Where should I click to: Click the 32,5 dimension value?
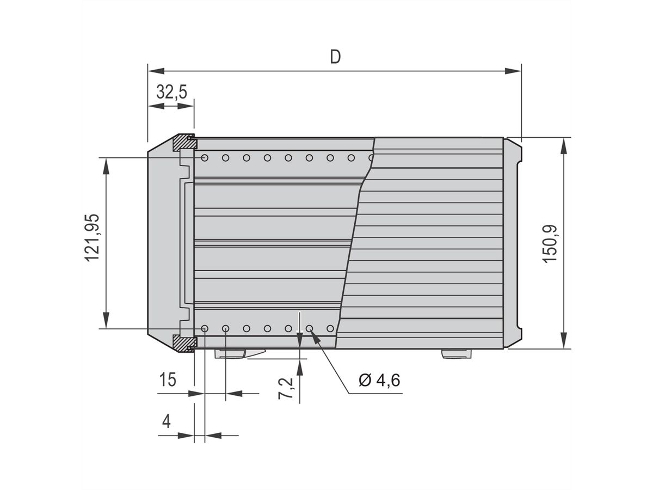(171, 91)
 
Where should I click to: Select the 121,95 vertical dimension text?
(93, 237)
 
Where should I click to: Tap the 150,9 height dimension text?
(550, 243)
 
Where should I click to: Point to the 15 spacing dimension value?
(168, 379)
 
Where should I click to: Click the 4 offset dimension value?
(167, 421)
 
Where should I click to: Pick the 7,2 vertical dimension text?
(287, 388)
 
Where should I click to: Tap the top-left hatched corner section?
(184, 143)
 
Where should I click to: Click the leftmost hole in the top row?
(205, 158)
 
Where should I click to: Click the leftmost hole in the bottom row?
(205, 329)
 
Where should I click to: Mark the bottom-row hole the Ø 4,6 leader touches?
(309, 329)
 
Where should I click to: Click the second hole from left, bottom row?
(225, 329)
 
